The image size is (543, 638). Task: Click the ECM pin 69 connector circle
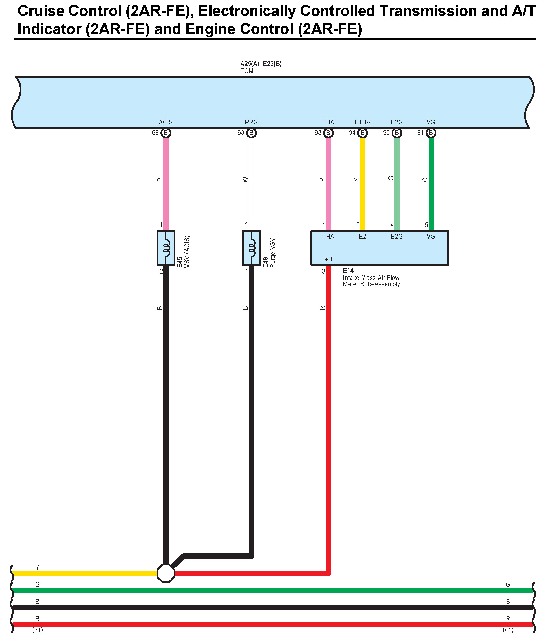[x=166, y=133]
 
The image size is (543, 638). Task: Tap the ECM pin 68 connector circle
[x=251, y=133]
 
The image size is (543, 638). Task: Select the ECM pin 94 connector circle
[x=363, y=133]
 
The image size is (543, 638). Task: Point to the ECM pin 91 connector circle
[x=431, y=133]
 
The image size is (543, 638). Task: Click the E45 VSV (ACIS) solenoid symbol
[x=166, y=248]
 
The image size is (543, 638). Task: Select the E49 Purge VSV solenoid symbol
[x=251, y=248]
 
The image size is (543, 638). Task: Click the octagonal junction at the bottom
[x=166, y=573]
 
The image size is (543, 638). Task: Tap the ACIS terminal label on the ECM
[x=166, y=122]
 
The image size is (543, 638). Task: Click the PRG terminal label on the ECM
[x=251, y=122]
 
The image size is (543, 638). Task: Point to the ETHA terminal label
[x=362, y=122]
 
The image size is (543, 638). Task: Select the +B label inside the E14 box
[x=328, y=259]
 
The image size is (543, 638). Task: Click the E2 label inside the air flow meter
[x=362, y=237]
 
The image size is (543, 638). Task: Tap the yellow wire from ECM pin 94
[x=363, y=185]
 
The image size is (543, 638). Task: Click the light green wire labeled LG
[x=397, y=185]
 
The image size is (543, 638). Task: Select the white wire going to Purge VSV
[x=251, y=185]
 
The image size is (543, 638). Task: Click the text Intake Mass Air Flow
[x=371, y=278]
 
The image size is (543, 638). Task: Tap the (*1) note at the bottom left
[x=37, y=630]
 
